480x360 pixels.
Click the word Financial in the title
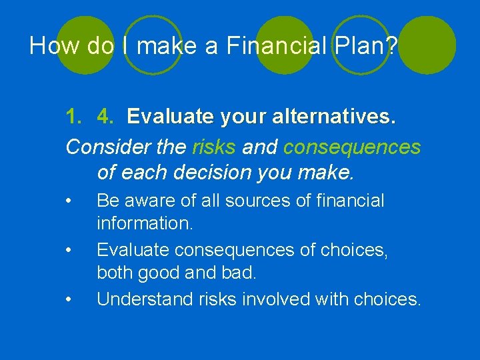point(275,46)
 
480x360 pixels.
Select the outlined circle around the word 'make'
point(153,45)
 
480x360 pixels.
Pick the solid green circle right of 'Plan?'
point(427,44)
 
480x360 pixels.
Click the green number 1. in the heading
point(74,117)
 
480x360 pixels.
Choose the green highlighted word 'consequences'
point(352,147)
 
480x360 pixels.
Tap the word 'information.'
point(145,223)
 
